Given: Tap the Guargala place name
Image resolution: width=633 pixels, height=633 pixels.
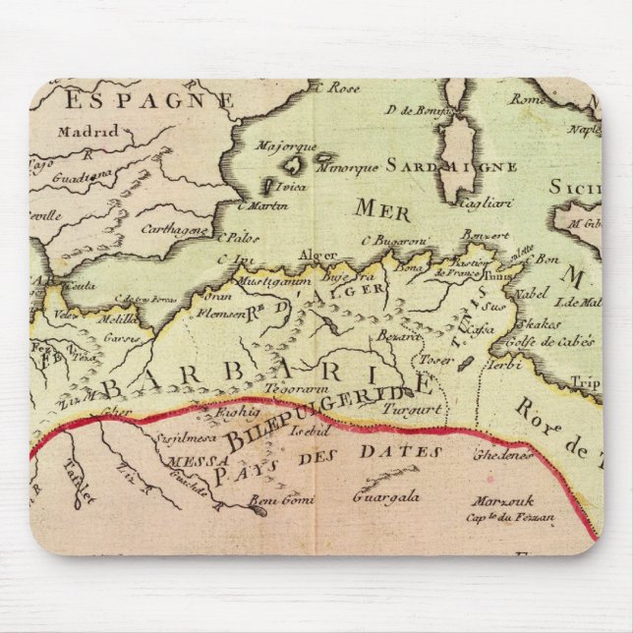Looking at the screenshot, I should click(386, 497).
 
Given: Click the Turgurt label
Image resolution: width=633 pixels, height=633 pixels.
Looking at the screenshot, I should click(415, 407).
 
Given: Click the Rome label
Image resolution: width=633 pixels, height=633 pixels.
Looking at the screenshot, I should click(529, 99).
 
